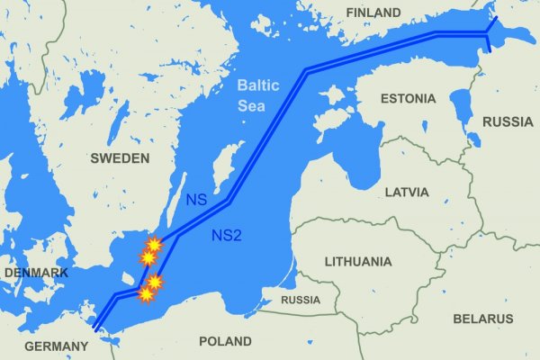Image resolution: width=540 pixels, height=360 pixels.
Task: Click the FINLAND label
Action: pos(373,13)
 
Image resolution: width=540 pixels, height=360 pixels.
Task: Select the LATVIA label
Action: pos(406,193)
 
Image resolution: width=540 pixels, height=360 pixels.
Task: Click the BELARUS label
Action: pos(483,319)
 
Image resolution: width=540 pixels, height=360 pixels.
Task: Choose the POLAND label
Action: pos(225,342)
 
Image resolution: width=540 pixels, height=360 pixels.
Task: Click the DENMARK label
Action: pos(36,272)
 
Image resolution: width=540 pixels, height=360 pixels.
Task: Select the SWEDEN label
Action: pos(120,158)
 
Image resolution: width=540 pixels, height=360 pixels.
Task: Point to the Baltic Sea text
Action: pos(259,96)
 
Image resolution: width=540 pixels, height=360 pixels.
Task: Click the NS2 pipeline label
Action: pos(225,237)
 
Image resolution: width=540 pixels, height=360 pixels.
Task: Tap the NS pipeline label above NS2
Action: pos(196,199)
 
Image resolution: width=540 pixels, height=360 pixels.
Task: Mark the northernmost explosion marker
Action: pos(154,244)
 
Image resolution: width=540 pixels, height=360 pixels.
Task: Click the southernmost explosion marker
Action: pos(146,294)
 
